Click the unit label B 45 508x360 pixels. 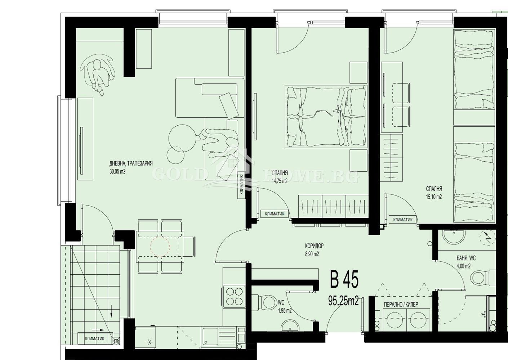(x=344, y=279)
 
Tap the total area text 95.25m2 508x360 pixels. (x=344, y=301)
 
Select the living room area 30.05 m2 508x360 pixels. (x=117, y=171)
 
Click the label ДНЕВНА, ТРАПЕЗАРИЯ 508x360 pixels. (x=131, y=163)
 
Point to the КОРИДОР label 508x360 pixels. (x=314, y=246)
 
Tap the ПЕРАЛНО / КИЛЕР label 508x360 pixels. (x=401, y=305)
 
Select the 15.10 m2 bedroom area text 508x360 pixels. (x=434, y=197)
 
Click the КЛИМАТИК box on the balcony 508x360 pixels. (x=95, y=338)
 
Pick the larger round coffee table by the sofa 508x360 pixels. (x=182, y=138)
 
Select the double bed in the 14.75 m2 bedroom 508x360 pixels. (x=326, y=116)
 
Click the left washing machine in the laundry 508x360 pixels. (x=395, y=321)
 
